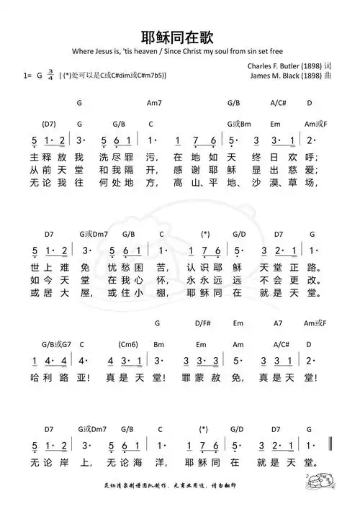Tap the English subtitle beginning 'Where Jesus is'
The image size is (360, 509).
pyautogui.click(x=179, y=53)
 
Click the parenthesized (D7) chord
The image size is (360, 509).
pyautogui.click(x=49, y=123)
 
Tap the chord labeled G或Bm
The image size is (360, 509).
pyautogui.click(x=238, y=123)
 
